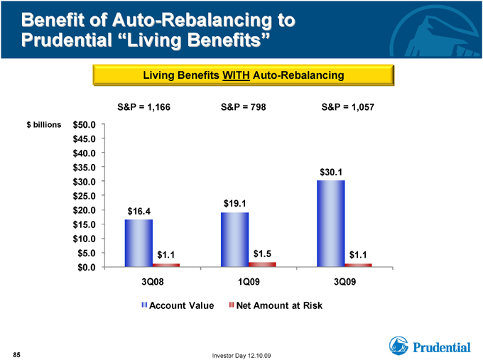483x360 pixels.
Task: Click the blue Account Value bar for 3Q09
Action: coord(331,224)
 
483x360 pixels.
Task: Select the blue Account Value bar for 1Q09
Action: coord(234,239)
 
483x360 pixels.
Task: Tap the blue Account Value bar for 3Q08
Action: coord(139,244)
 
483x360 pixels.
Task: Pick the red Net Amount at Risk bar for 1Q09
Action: coord(262,265)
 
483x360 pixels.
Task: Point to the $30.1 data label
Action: coord(331,172)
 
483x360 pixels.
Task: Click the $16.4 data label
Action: coord(139,212)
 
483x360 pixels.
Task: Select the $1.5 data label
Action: coord(262,253)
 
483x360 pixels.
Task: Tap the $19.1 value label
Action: coord(234,204)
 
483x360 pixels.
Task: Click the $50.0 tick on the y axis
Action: coord(84,125)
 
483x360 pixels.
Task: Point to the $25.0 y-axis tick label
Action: coord(84,196)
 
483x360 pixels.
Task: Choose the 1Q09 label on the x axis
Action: coord(249,281)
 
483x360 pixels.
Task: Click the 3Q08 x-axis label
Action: coord(153,281)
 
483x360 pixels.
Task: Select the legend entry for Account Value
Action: coord(178,305)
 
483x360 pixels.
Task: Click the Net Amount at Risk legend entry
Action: coord(276,305)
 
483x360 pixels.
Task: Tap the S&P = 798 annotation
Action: coord(244,107)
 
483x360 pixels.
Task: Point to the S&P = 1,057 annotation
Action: coord(348,107)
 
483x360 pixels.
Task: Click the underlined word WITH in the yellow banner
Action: coord(236,75)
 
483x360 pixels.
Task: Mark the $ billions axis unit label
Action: coord(44,125)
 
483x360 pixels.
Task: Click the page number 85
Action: coord(16,355)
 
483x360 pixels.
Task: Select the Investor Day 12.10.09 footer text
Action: coord(241,356)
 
